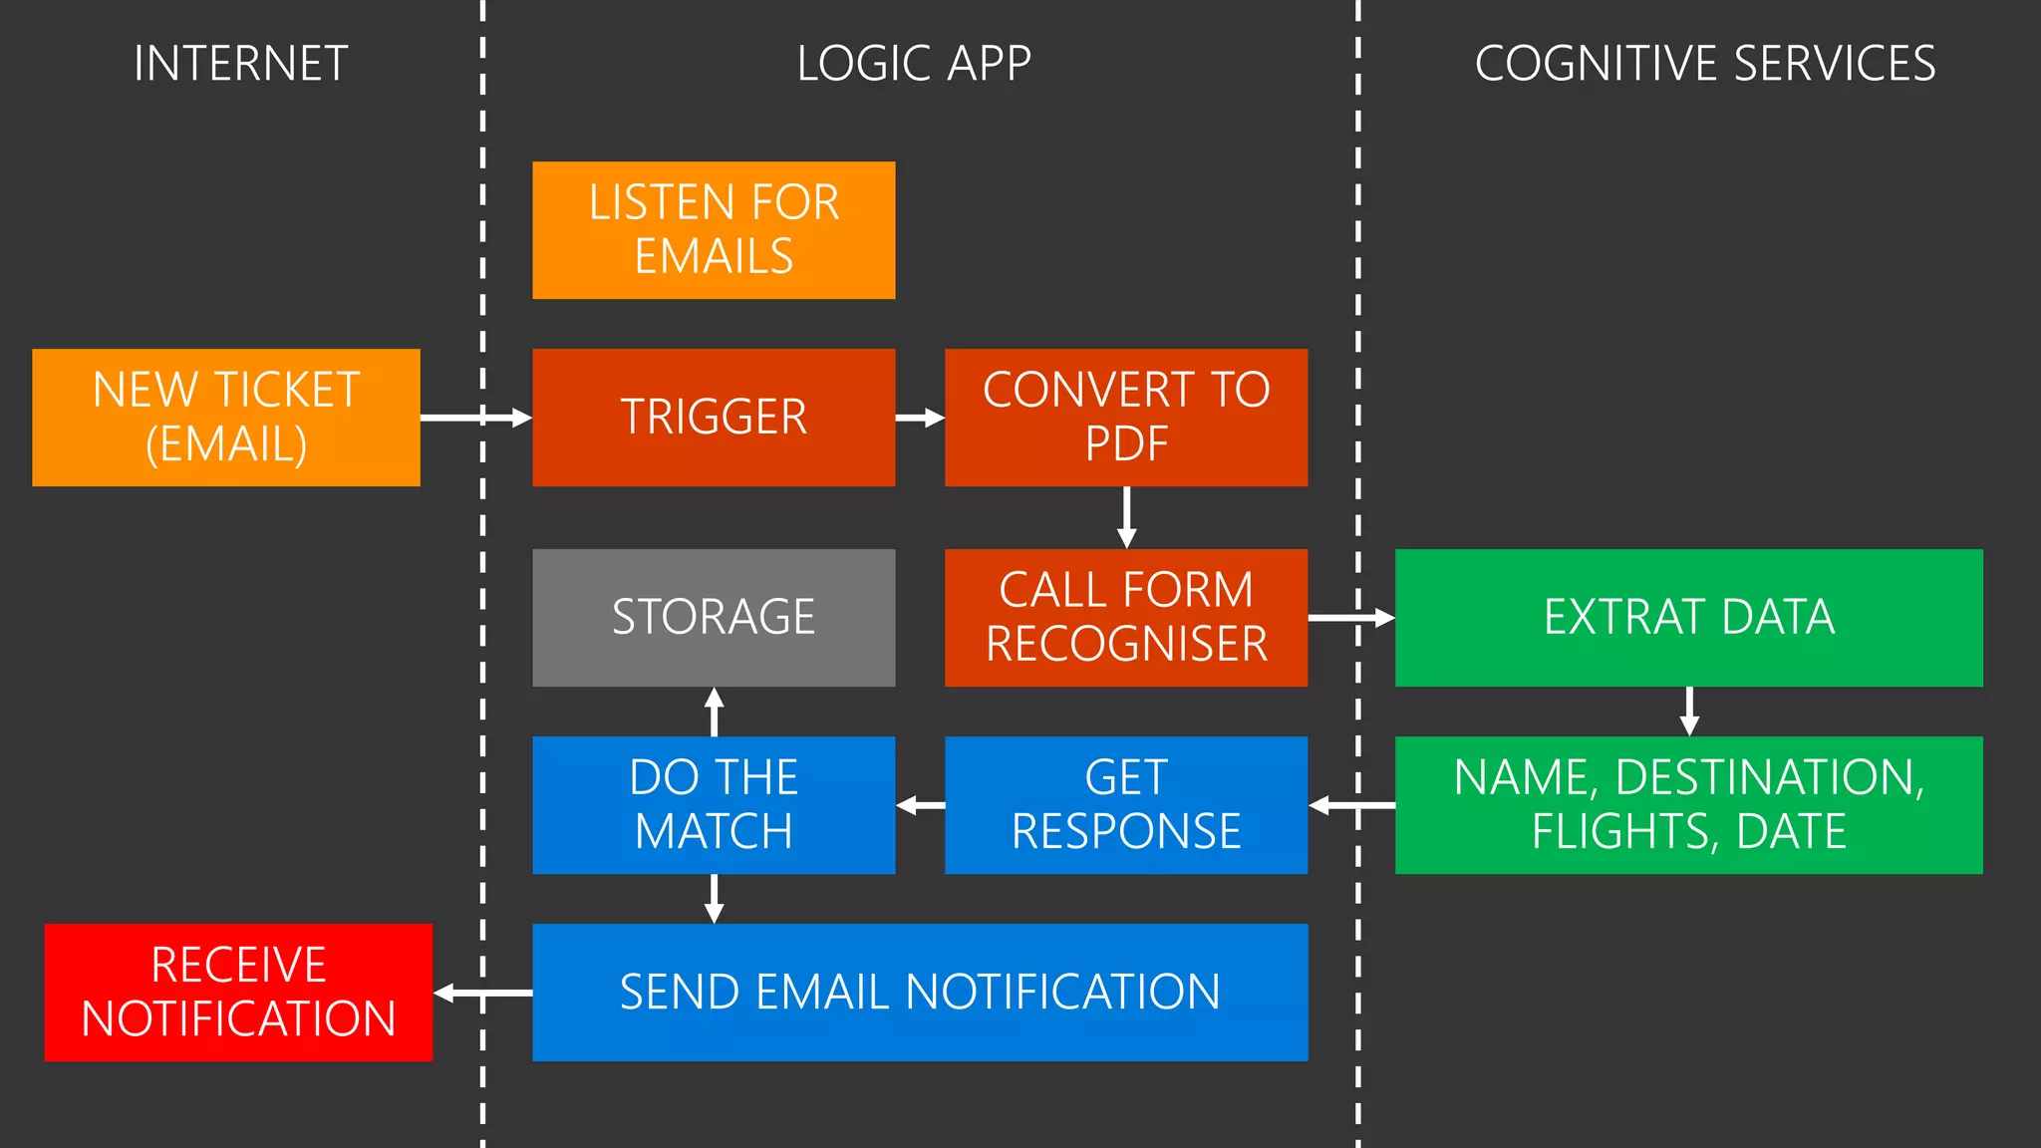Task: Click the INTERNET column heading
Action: tap(240, 64)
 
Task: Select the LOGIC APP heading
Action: tap(913, 64)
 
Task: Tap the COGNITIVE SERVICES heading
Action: tap(1704, 64)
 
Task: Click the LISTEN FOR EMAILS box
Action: tap(714, 230)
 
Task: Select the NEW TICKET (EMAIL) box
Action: tap(226, 418)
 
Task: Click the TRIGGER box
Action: tap(714, 418)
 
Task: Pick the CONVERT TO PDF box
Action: tap(1126, 418)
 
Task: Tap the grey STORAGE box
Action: tap(714, 618)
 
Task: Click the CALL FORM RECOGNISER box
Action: tap(1126, 618)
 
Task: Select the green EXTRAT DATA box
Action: tap(1688, 618)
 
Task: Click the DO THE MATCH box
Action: tap(714, 805)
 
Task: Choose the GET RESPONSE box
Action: tap(1126, 805)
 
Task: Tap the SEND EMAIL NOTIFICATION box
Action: tap(920, 993)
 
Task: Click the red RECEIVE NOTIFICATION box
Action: tap(238, 993)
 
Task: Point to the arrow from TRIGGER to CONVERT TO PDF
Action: tap(919, 418)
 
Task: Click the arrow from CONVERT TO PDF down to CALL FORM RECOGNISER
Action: tap(1126, 517)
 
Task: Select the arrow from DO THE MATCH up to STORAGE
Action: tap(714, 712)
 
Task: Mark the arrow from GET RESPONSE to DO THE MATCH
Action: tap(920, 805)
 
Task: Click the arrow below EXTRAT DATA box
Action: tap(1688, 712)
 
